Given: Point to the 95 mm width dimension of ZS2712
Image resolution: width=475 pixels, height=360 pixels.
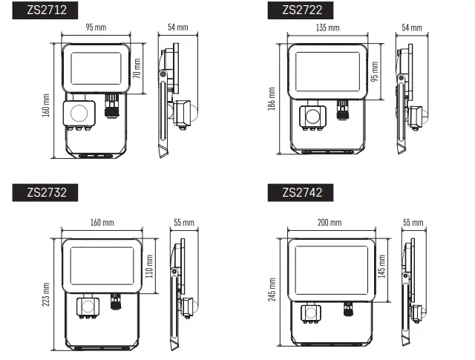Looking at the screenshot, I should [x=94, y=27].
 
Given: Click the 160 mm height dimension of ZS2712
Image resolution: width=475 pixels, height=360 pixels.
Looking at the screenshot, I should [x=46, y=104].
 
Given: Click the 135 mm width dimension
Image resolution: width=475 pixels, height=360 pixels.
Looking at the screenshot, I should [x=327, y=27].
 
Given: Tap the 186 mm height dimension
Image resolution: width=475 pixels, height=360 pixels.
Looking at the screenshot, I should [x=272, y=99].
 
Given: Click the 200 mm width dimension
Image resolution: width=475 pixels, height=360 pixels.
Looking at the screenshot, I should [x=330, y=223].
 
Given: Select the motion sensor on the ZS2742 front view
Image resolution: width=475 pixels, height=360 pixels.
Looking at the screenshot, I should [x=309, y=312].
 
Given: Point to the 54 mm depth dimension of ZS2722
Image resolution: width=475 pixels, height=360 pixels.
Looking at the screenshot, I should [x=410, y=27].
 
